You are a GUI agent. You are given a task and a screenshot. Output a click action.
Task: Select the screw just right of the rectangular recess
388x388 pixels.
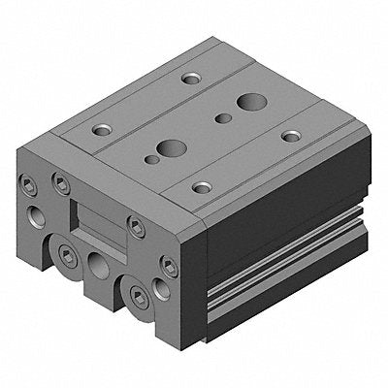pos(136,229)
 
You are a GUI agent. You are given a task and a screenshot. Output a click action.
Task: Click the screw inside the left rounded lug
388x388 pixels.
pos(67,254)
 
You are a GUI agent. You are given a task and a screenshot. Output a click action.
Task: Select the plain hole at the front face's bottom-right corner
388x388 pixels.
pos(161,288)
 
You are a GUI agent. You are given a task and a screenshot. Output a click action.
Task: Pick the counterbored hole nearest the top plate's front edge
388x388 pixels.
pos(202,186)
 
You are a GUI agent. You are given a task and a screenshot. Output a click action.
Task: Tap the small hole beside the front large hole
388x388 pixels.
pos(151,158)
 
